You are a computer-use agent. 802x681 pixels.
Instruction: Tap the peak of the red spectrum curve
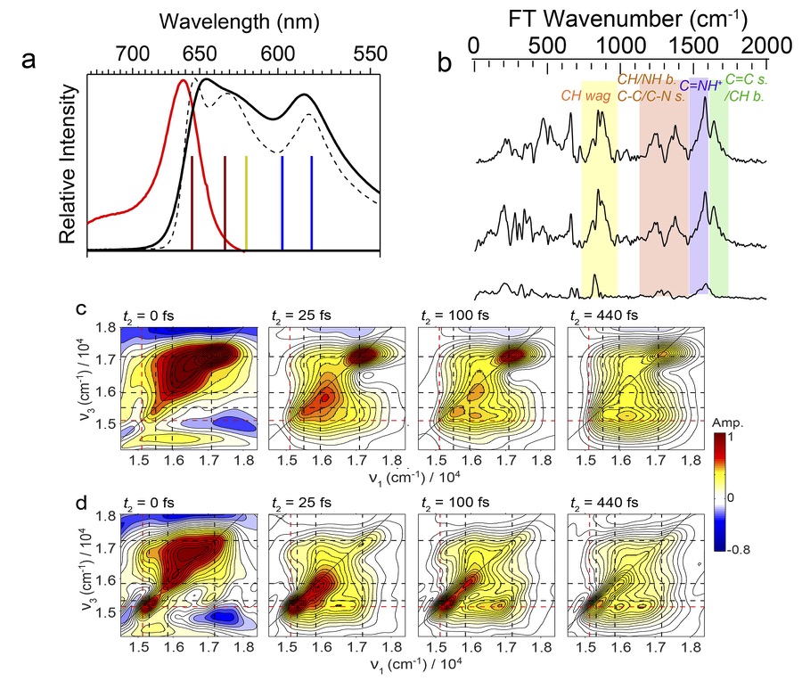[184, 81]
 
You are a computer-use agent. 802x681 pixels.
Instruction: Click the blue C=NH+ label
[700, 86]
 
